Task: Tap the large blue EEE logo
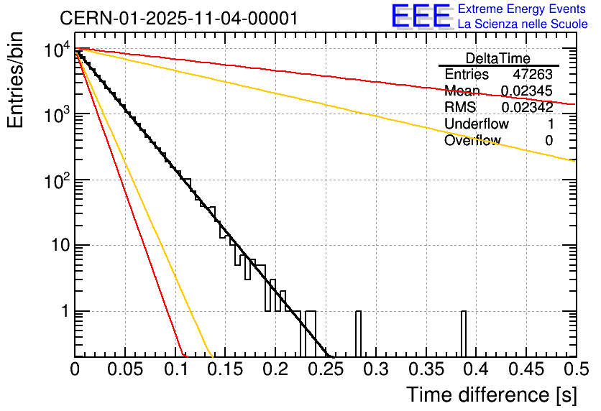click(x=421, y=16)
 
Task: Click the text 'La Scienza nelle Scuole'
click(x=523, y=24)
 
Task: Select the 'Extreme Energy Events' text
click(x=523, y=9)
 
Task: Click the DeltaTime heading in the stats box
click(x=498, y=58)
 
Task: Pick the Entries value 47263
click(x=533, y=75)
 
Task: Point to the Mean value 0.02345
click(x=527, y=91)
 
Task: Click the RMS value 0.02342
click(x=527, y=108)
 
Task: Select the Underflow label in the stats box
click(x=477, y=124)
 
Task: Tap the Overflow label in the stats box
click(x=472, y=141)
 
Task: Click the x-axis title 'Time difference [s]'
click(x=490, y=394)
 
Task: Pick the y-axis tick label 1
click(x=63, y=312)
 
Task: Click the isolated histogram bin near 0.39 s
click(x=464, y=333)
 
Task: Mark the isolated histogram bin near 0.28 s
click(x=358, y=333)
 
